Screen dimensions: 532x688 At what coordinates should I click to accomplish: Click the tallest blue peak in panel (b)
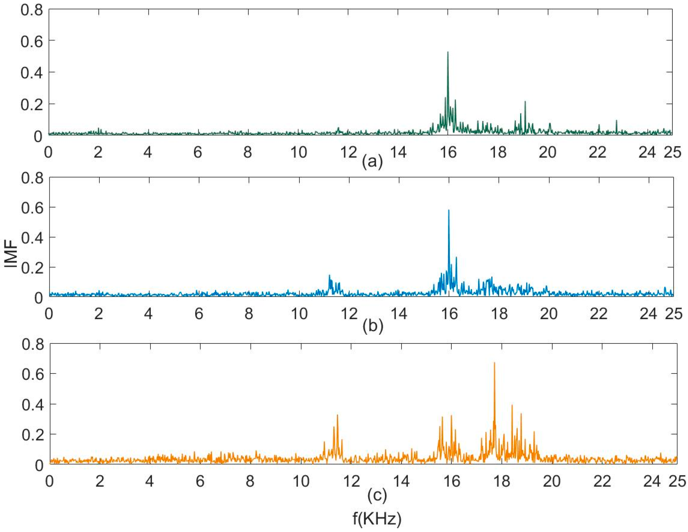449,210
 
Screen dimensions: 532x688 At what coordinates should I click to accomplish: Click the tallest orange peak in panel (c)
494,363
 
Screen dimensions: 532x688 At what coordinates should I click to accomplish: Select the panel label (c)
377,495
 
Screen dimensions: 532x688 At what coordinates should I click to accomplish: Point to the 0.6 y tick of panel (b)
32,208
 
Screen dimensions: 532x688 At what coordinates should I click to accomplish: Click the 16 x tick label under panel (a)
448,153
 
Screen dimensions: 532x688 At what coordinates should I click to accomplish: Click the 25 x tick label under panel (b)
674,314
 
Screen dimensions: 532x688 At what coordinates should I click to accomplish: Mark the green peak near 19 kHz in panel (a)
525,102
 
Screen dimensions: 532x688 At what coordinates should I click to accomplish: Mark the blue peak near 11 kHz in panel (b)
329,275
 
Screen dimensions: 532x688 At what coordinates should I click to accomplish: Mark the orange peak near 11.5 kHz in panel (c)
337,415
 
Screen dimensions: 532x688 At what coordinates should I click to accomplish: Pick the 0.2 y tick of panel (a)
31,104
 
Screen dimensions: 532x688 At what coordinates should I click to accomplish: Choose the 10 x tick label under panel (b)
299,314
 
